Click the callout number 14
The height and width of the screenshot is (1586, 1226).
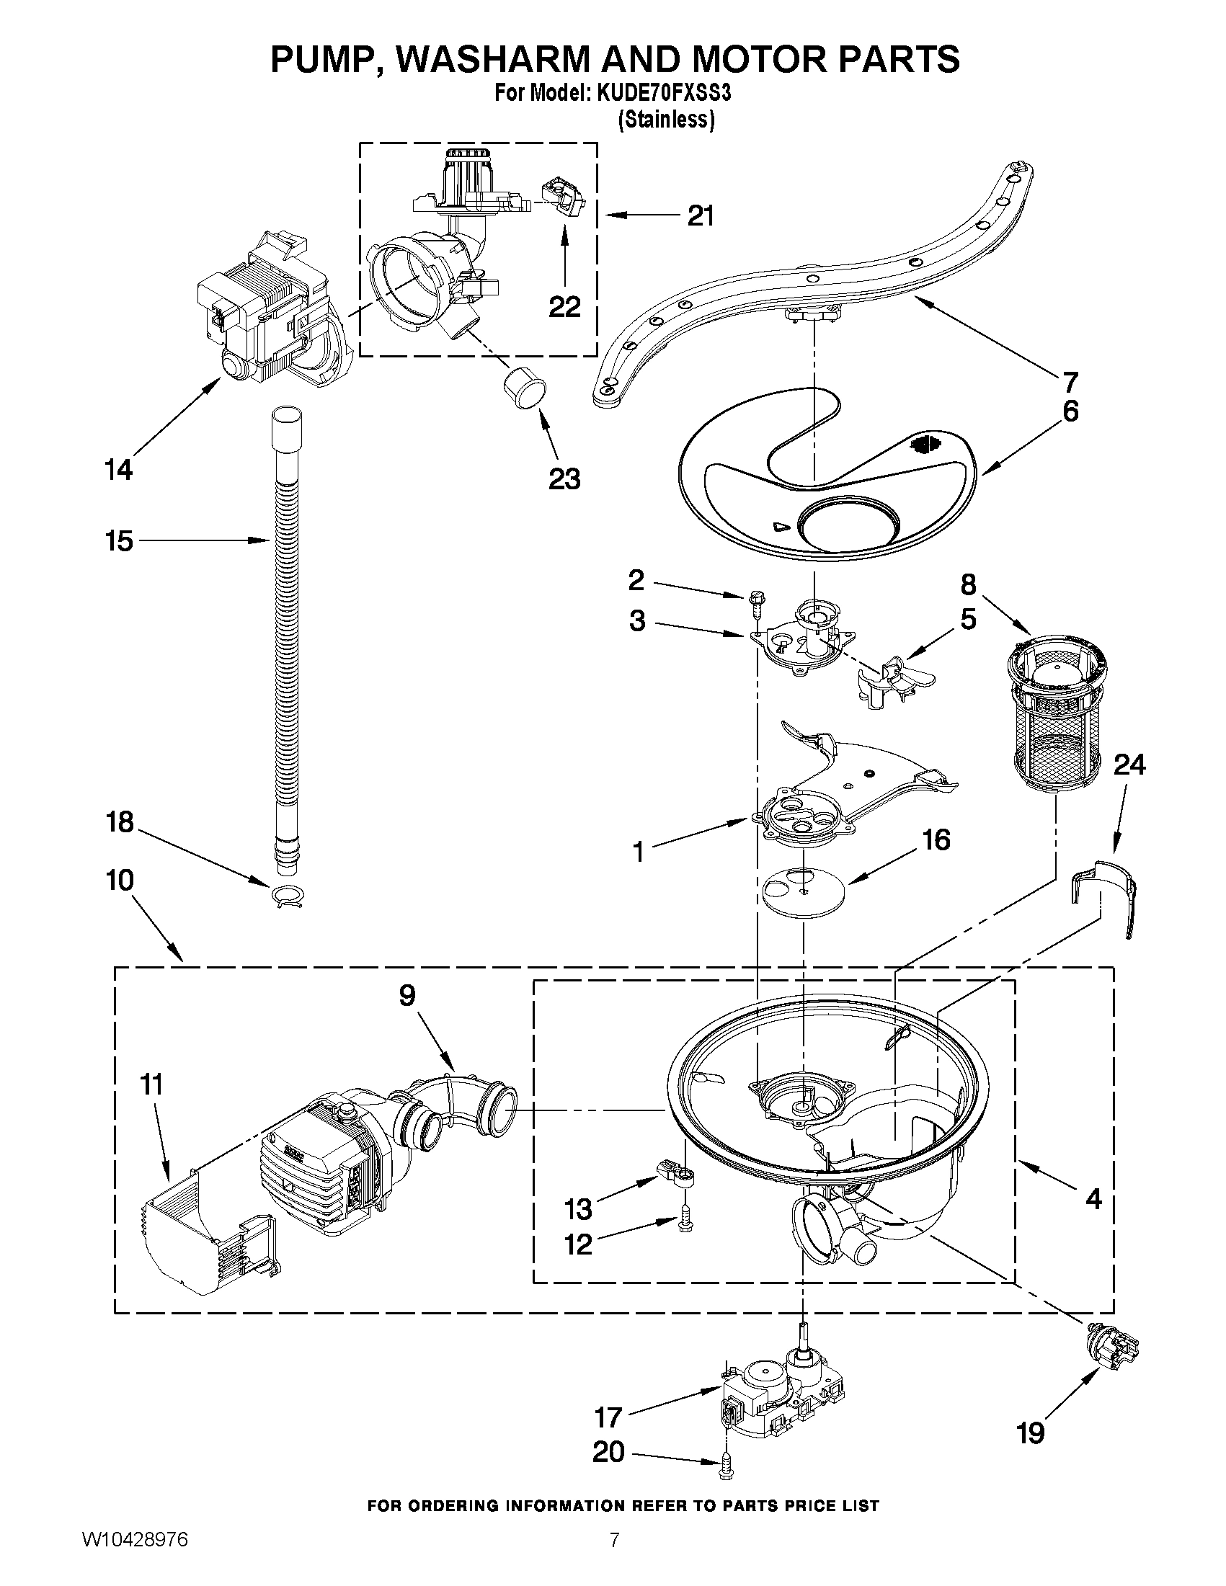118,470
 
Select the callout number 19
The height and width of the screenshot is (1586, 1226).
1030,1433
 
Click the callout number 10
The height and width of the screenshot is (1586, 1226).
119,880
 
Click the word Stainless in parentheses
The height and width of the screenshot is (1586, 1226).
665,120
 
